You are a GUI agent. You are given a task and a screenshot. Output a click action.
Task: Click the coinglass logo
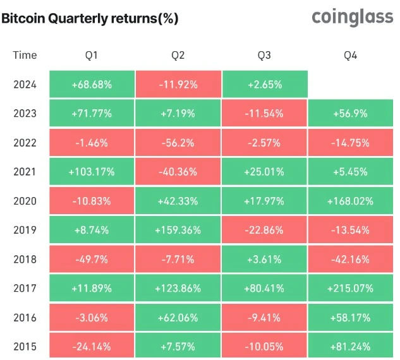click(353, 18)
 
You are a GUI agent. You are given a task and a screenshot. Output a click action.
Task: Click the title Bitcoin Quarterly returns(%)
click(89, 19)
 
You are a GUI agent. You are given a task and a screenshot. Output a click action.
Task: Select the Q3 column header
click(264, 56)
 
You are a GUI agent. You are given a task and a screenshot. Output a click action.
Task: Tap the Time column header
click(25, 56)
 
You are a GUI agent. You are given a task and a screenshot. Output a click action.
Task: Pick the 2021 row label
click(25, 172)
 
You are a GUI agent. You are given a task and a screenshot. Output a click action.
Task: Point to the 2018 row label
click(25, 259)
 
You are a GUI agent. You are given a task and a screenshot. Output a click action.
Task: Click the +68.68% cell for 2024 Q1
click(92, 84)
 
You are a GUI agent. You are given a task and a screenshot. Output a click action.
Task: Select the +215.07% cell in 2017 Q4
click(350, 288)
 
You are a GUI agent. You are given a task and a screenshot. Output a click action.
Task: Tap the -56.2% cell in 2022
click(178, 143)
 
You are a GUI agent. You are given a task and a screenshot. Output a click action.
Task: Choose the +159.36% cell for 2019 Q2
click(178, 230)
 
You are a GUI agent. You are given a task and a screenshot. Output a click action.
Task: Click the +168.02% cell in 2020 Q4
click(350, 201)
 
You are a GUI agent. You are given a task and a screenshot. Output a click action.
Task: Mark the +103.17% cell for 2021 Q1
click(92, 172)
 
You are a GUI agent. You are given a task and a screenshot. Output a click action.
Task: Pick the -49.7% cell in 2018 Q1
click(92, 259)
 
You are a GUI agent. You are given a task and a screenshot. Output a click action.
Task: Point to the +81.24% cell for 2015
click(350, 346)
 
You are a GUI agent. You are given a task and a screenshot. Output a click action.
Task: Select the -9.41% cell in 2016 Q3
click(264, 317)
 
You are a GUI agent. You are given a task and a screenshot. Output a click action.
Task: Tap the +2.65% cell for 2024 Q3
click(264, 84)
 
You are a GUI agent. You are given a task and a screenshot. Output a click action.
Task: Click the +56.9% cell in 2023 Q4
click(350, 114)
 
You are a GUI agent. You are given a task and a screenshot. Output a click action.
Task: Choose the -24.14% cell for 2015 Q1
click(92, 346)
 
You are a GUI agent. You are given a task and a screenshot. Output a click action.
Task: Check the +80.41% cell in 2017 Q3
click(264, 288)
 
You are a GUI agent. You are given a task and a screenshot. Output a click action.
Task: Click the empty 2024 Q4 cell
click(350, 84)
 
